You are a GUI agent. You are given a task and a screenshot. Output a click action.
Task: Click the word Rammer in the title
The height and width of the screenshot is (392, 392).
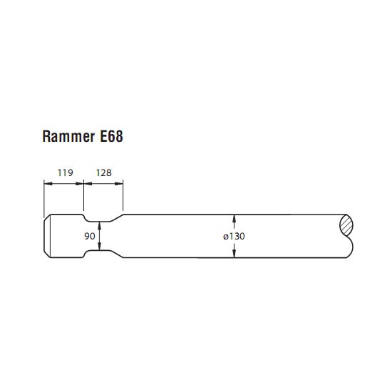pos(68,137)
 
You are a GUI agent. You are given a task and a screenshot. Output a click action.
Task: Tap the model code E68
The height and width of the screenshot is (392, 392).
pos(111,137)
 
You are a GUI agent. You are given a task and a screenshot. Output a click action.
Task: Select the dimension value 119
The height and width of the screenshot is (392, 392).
pos(66,172)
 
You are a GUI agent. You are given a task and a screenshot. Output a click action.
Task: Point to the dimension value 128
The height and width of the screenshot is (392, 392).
pos(104,172)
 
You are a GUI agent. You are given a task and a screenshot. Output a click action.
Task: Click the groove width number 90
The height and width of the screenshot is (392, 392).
pos(90,236)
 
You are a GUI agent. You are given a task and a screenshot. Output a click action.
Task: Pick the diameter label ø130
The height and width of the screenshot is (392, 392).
pos(234,236)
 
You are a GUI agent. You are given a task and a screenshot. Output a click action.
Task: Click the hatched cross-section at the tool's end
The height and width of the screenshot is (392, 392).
pos(346,225)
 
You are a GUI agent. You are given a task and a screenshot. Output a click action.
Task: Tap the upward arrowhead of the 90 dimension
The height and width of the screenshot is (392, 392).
pos(100,225)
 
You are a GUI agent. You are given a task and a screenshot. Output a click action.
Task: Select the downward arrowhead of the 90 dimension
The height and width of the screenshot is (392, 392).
pos(100,247)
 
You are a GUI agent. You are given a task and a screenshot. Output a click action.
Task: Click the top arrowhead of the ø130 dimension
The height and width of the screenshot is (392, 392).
pos(234,219)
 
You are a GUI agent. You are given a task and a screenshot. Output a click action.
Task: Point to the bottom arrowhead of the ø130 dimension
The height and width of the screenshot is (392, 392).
pos(234,254)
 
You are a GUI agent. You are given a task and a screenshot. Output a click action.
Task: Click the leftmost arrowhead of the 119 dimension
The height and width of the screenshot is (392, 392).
pos(48,184)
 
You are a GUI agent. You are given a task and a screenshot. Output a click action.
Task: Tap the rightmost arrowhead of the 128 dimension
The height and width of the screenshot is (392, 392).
pos(119,184)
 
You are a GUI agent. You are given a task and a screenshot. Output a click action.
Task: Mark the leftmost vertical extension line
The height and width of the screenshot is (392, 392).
pos(44,199)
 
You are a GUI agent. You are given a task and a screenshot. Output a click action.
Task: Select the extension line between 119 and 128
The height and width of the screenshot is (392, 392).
pos(83,195)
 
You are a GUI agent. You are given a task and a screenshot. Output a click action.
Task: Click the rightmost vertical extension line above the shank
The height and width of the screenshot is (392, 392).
pos(123,195)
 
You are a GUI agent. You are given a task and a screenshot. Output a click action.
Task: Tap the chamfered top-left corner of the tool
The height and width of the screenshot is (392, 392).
pos(47,217)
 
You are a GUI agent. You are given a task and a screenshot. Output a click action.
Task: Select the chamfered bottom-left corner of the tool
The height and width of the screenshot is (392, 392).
pos(47,254)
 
